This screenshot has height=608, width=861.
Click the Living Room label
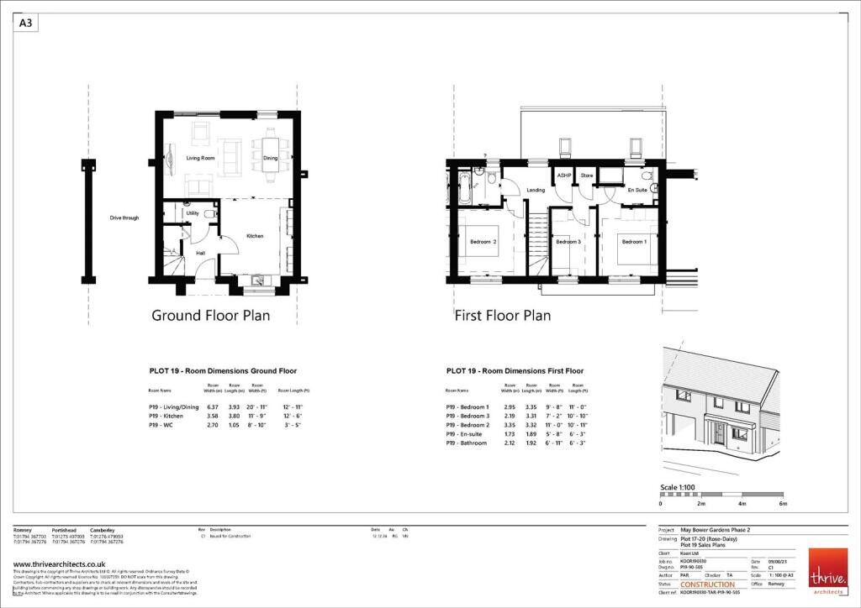[x=200, y=158]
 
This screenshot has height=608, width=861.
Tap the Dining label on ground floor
[x=270, y=158]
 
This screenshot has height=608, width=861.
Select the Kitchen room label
[x=255, y=236]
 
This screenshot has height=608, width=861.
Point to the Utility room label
[x=192, y=214]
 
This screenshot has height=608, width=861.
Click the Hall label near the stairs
[x=201, y=253]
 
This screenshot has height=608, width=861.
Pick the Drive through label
[x=124, y=218]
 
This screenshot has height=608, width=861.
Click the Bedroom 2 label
[x=483, y=242]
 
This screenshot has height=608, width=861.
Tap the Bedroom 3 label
[x=568, y=242]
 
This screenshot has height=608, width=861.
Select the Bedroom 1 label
[x=634, y=242]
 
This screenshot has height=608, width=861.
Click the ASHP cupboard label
[x=563, y=176]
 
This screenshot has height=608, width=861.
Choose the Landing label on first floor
[x=536, y=190]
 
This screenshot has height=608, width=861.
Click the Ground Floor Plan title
[x=211, y=316]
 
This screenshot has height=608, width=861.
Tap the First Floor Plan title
[x=503, y=316]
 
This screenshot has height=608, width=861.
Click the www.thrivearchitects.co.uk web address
[x=59, y=564]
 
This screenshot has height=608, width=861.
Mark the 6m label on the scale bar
[x=783, y=503]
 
